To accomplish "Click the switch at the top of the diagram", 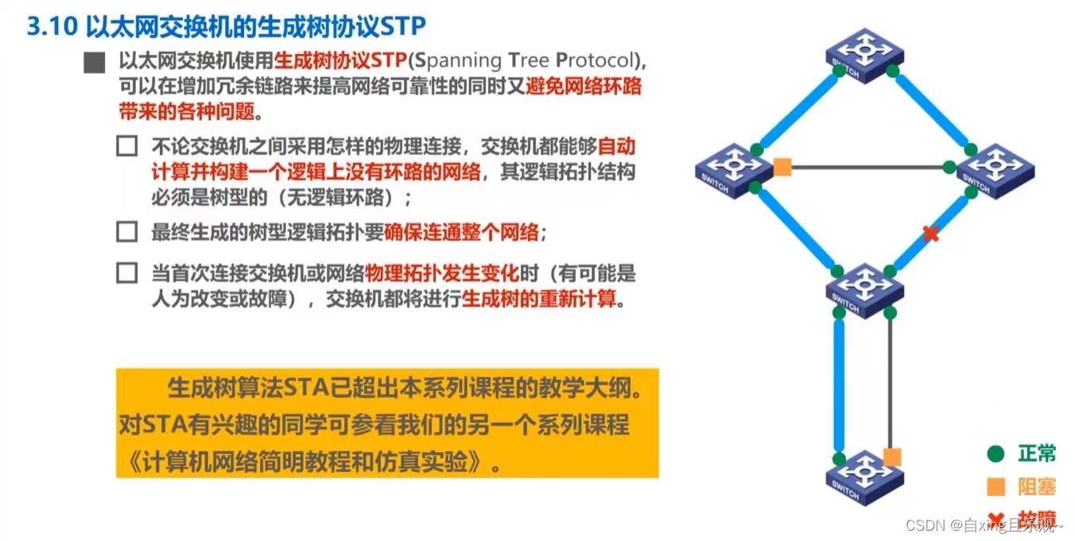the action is [x=865, y=55].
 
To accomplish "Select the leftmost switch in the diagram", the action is [x=734, y=170].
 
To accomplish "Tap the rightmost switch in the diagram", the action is [x=995, y=170].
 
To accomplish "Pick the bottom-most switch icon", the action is [x=865, y=477].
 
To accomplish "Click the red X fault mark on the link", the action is [x=930, y=234].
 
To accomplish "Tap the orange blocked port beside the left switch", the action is [x=782, y=167].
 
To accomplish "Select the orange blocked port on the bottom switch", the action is [x=892, y=457].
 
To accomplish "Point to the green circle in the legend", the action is [x=995, y=454].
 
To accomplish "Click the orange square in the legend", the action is [x=995, y=487].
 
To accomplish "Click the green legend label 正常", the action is [x=1037, y=454].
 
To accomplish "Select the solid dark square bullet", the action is [x=95, y=62].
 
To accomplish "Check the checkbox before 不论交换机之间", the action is [x=126, y=146].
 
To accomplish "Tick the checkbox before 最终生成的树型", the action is [x=126, y=232].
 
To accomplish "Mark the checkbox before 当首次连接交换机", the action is [x=126, y=273].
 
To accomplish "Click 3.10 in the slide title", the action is [x=52, y=26].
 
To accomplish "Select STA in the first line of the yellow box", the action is [x=305, y=388].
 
